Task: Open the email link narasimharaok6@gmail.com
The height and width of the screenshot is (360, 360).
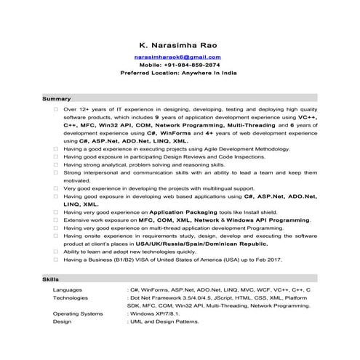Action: tap(178, 56)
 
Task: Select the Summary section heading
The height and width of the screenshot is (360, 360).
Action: tap(57, 98)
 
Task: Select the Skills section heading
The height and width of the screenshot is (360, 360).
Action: tap(52, 279)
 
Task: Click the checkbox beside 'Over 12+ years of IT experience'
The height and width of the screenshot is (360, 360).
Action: tap(55, 109)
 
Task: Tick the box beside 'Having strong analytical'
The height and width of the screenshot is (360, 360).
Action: tap(55, 164)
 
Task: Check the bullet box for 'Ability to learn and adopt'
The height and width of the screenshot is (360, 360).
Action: tap(55, 251)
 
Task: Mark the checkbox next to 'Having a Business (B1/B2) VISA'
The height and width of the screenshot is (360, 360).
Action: tap(55, 259)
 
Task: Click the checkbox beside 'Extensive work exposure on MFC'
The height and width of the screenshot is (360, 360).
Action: tap(55, 220)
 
